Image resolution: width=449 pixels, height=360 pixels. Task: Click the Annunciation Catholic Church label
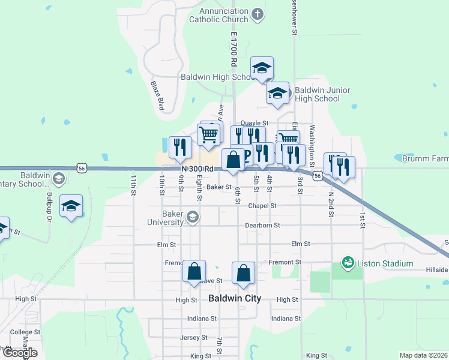point(218,15)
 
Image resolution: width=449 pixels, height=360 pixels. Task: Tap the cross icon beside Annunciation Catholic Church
point(258,14)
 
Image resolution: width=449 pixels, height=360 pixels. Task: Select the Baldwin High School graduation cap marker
point(262,68)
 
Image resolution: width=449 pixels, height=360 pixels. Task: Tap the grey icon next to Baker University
point(193,217)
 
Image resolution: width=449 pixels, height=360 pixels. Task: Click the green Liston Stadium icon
point(347,263)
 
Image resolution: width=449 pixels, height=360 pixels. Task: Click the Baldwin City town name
point(235,298)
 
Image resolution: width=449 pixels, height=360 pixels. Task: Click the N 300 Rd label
point(197,169)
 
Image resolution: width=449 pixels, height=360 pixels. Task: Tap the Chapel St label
point(262,205)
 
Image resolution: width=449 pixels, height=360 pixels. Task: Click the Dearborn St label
point(262,226)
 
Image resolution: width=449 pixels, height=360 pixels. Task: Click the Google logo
point(19,352)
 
